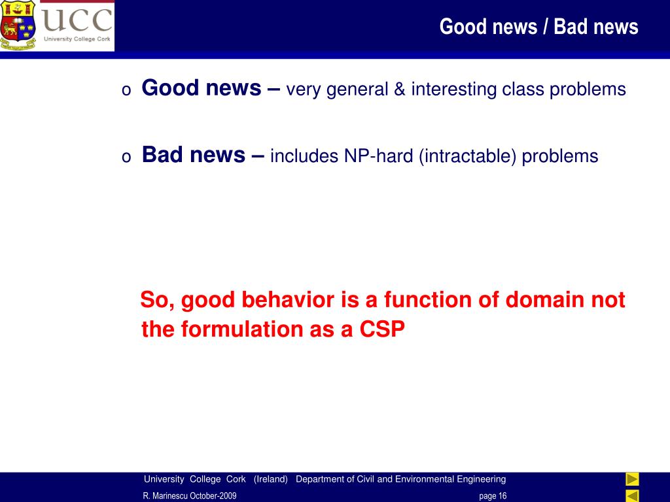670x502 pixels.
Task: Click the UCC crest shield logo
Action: [18, 25]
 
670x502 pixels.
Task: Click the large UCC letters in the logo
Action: [77, 20]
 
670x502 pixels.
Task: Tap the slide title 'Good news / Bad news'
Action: [539, 26]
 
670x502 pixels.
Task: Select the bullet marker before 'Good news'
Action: [126, 90]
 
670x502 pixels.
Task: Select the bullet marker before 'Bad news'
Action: [126, 157]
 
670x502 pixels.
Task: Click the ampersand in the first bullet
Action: [400, 89]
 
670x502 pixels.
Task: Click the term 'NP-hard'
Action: [379, 156]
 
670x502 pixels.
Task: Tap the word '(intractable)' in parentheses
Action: [467, 157]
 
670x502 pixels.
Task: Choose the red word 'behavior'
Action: [288, 299]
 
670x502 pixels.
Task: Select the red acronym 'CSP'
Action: [382, 329]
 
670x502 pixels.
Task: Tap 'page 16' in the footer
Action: [493, 495]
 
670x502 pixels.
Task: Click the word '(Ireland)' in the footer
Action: [270, 479]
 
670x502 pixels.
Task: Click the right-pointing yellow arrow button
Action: [633, 479]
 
